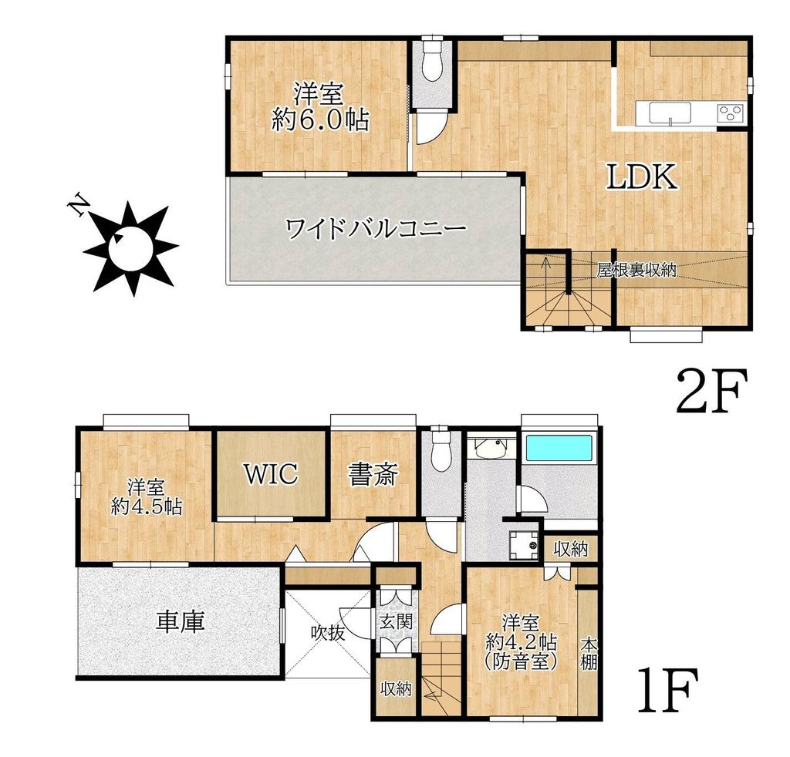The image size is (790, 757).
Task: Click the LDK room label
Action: (640, 177)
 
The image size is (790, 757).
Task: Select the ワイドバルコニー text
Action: (376, 229)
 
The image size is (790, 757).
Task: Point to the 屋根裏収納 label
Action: (636, 270)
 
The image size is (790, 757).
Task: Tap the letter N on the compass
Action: (77, 204)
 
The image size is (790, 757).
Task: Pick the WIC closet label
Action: (271, 473)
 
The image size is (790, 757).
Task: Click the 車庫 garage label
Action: (181, 621)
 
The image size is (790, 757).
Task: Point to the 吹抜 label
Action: (327, 632)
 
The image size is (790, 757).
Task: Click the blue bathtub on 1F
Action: (560, 448)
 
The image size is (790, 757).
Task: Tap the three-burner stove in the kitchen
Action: (730, 113)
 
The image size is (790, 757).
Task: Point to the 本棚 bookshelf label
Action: (589, 653)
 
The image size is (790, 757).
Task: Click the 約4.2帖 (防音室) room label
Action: (521, 641)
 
